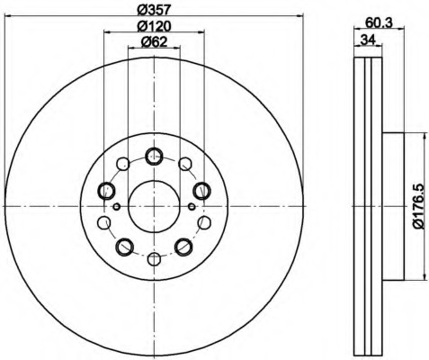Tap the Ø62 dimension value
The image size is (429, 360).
pyautogui.click(x=154, y=41)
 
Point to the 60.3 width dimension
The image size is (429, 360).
pyautogui.click(x=379, y=23)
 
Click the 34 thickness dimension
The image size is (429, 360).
pyautogui.click(x=368, y=40)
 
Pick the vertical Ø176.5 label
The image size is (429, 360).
pyautogui.click(x=419, y=206)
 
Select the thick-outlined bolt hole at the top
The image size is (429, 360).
pyautogui.click(x=154, y=157)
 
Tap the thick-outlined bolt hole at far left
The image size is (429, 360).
pyautogui.click(x=106, y=191)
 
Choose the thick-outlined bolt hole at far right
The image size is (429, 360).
pyautogui.click(x=201, y=191)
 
